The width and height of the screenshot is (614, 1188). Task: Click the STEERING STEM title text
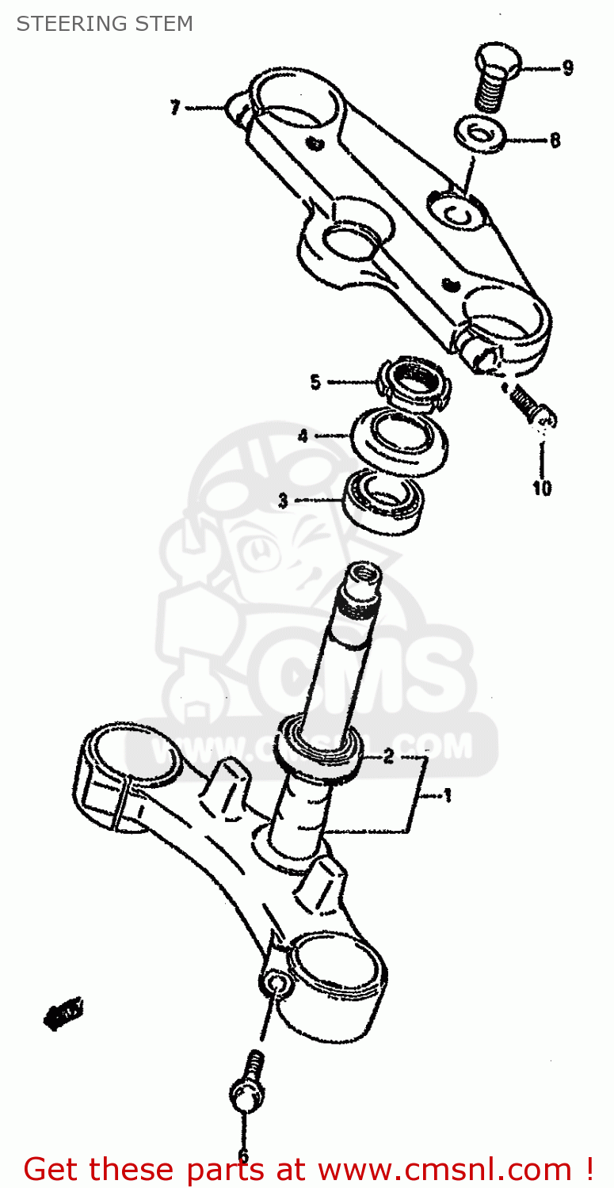(x=105, y=24)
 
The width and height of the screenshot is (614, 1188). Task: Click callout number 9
(x=567, y=68)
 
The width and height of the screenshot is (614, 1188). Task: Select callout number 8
(x=555, y=140)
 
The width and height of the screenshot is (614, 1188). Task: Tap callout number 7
(x=175, y=108)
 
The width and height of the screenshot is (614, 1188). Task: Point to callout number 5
(x=315, y=383)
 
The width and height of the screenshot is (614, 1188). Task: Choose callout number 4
(x=303, y=436)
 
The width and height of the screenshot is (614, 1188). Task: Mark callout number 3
(x=282, y=501)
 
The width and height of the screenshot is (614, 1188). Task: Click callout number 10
(x=542, y=488)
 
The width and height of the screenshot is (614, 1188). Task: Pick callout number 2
(x=388, y=757)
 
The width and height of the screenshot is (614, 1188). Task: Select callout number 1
(x=447, y=795)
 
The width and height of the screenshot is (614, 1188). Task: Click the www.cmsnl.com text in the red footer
(x=443, y=1169)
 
